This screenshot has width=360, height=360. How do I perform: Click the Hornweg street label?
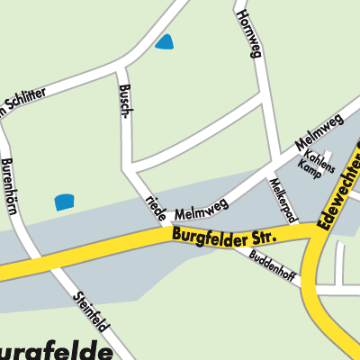[x=248, y=35]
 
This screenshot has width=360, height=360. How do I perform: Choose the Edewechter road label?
[x=340, y=189]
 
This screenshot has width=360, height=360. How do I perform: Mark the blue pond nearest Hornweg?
[x=165, y=41]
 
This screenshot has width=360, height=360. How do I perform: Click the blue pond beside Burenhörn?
[x=65, y=202]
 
